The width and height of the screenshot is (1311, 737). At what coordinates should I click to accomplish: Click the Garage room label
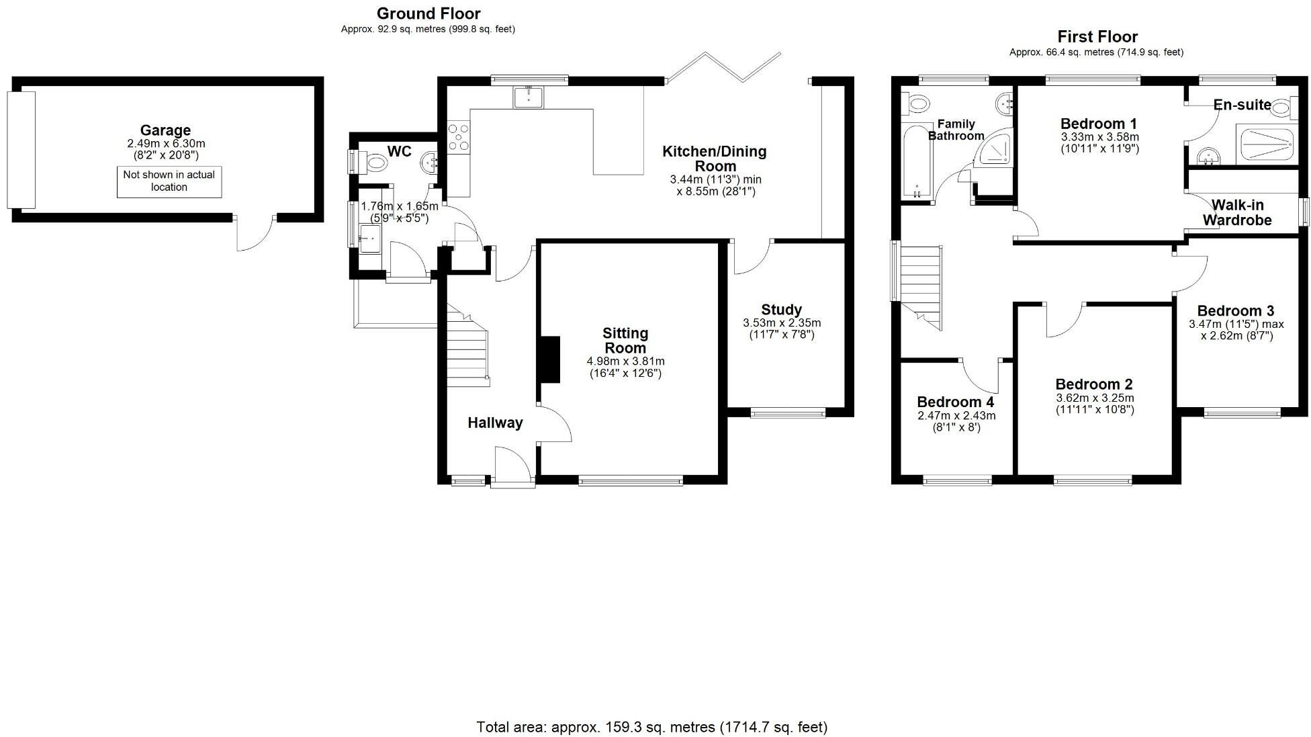tap(165, 130)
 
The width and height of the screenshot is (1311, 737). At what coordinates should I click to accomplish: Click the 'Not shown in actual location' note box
tap(169, 181)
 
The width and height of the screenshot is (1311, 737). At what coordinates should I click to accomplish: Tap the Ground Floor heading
tap(428, 13)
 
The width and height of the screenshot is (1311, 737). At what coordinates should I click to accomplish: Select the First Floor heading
tap(1097, 37)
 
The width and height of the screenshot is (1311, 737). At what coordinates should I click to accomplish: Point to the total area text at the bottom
tap(651, 727)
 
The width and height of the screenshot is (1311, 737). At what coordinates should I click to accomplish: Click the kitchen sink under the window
tap(529, 97)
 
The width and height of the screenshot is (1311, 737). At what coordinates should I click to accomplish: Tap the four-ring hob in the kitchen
tap(459, 138)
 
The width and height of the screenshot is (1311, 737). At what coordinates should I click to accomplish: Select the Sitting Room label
tap(625, 340)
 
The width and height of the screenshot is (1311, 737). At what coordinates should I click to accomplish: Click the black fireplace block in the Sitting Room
tap(549, 359)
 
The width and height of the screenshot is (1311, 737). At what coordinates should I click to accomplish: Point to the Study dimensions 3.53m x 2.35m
tap(782, 323)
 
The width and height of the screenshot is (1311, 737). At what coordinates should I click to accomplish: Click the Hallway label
tap(495, 423)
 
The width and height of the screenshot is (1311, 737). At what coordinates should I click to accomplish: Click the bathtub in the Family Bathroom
tap(917, 161)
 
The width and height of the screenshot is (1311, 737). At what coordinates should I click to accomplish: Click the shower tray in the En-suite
tap(1264, 144)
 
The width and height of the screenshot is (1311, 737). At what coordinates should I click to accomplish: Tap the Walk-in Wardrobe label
tap(1237, 212)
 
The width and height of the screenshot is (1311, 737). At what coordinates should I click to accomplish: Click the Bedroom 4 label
tap(955, 402)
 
